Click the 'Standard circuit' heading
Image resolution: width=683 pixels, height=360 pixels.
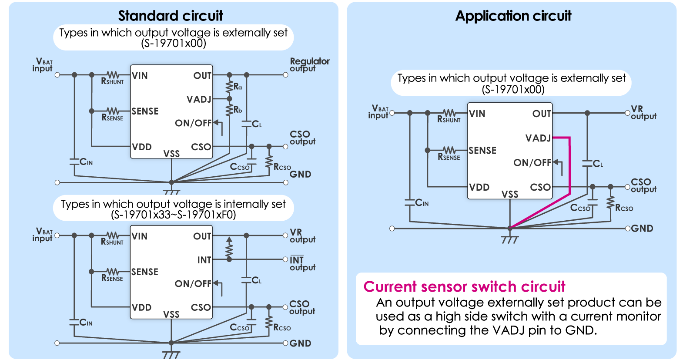tap(170, 16)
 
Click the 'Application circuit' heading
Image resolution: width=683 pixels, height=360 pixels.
tap(513, 16)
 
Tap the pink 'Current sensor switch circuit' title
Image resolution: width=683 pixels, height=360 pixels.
tap(464, 286)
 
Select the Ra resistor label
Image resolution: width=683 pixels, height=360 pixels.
tap(238, 87)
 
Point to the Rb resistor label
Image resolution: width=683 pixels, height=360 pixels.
tap(238, 110)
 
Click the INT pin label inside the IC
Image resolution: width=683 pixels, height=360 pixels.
tap(204, 260)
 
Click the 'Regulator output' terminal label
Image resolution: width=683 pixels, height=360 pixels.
tap(309, 64)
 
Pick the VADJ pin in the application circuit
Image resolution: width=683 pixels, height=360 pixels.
tap(538, 138)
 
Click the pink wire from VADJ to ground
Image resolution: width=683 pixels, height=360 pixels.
tap(569, 174)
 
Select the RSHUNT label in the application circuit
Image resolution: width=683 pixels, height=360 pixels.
tap(449, 119)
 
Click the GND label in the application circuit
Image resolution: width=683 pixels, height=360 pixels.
tap(642, 229)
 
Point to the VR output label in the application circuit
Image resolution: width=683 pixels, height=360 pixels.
tap(643, 112)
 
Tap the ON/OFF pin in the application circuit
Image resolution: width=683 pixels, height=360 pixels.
tap(532, 163)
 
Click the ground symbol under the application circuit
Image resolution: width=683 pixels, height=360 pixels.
tap(510, 239)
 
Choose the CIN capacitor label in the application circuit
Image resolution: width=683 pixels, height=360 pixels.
tap(422, 202)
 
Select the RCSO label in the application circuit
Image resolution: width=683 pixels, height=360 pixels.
tap(624, 208)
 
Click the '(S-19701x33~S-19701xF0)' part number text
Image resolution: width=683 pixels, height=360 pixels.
tap(173, 215)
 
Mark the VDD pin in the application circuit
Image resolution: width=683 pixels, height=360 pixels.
tap(479, 187)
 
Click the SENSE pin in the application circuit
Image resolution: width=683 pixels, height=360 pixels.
tap(482, 151)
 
